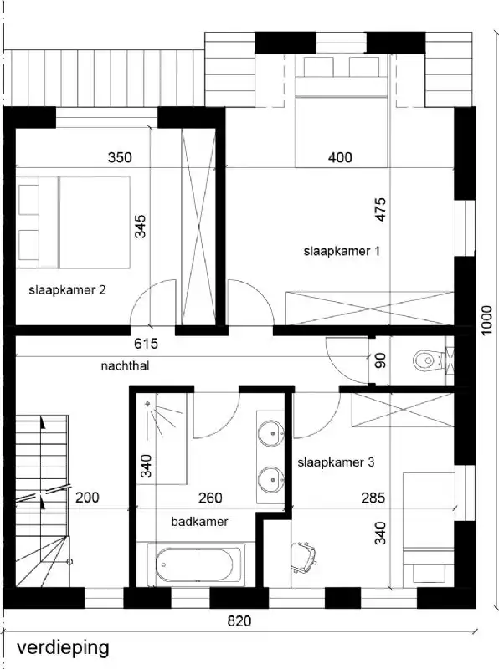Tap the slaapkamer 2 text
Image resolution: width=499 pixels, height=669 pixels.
[x=67, y=291]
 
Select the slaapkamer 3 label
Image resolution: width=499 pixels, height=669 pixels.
[x=336, y=462]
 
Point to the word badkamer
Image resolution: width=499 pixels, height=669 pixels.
[x=199, y=521]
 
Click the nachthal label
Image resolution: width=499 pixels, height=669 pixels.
[x=125, y=365]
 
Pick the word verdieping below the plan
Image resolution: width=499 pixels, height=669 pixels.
[x=63, y=647]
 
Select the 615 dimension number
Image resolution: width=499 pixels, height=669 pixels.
[x=146, y=343]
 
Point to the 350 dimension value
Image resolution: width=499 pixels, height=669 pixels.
[x=121, y=157]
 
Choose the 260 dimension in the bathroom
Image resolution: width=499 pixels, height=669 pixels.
[x=210, y=498]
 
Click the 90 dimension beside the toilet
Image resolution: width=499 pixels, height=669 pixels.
[x=380, y=361]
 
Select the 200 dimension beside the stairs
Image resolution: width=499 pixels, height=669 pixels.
[x=87, y=498]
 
